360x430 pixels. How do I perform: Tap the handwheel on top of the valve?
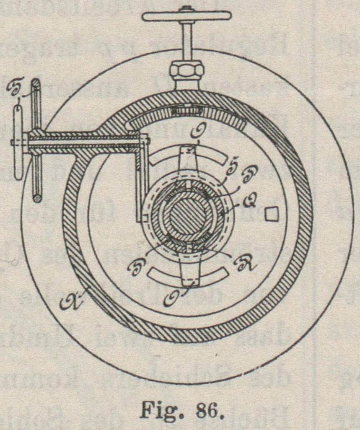186,16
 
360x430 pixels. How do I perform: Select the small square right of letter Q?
272,214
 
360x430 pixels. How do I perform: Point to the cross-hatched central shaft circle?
187,214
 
